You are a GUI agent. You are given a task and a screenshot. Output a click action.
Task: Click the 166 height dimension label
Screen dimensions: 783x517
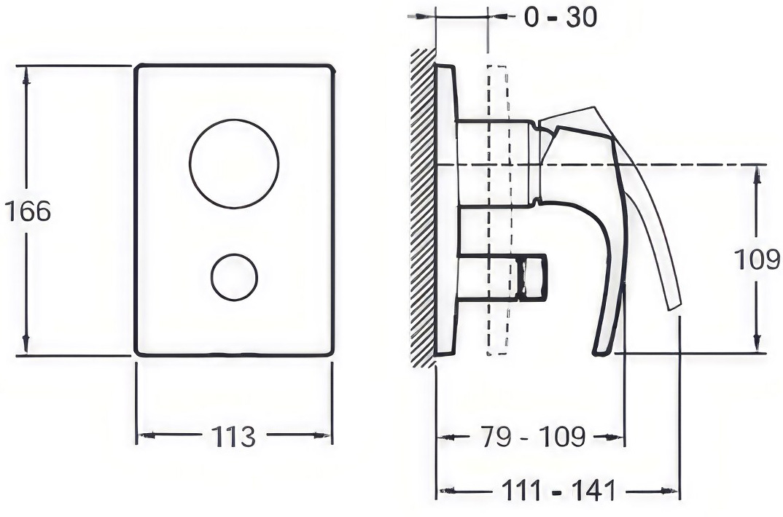[x=28, y=211]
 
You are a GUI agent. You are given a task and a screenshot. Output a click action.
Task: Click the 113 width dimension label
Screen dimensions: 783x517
[x=233, y=436]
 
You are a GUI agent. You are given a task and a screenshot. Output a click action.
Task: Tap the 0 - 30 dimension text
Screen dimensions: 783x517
[x=560, y=18]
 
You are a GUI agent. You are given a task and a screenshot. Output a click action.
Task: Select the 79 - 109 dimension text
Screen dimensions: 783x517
[x=533, y=437]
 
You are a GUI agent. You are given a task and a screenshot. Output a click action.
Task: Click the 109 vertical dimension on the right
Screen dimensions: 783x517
[x=757, y=260]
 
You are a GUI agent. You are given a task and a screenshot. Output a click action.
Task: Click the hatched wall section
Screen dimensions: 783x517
[x=422, y=207]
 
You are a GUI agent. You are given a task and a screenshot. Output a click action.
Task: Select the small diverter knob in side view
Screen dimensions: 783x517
[x=532, y=278]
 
